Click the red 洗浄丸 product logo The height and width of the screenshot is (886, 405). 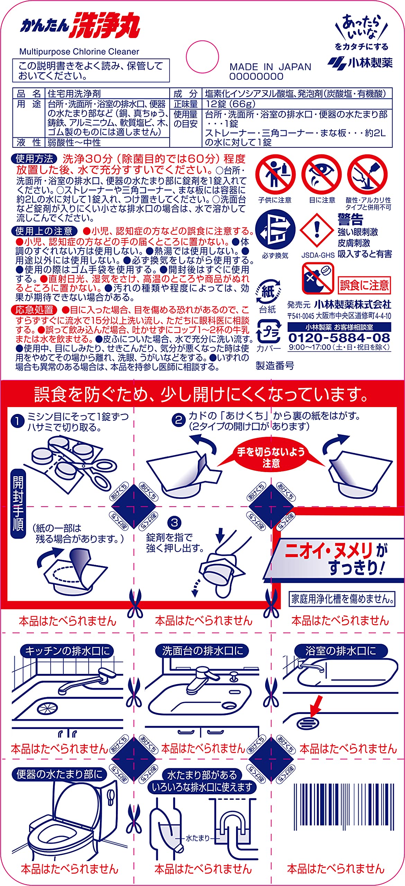pyautogui.click(x=105, y=25)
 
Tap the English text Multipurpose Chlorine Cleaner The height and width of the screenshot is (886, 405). pyautogui.click(x=79, y=52)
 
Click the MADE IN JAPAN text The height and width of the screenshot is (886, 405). pyautogui.click(x=270, y=67)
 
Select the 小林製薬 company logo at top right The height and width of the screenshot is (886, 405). pyautogui.click(x=360, y=62)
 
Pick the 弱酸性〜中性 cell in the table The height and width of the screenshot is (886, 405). pyautogui.click(x=74, y=142)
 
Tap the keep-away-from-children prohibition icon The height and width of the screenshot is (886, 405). pyautogui.click(x=276, y=175)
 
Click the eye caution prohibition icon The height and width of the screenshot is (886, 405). pyautogui.click(x=322, y=175)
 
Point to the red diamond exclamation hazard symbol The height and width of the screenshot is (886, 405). pyautogui.click(x=317, y=231)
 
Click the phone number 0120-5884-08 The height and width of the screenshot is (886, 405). pyautogui.click(x=339, y=338)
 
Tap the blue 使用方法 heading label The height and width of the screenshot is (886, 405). pyautogui.click(x=34, y=159)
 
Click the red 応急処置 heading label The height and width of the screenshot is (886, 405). pyautogui.click(x=34, y=310)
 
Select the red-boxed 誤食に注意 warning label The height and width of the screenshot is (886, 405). pyautogui.click(x=364, y=285)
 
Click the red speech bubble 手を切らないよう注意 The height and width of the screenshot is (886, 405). pyautogui.click(x=271, y=457)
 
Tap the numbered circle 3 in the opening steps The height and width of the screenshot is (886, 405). pyautogui.click(x=174, y=523)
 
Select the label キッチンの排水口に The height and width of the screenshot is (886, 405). pyautogui.click(x=67, y=651)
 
